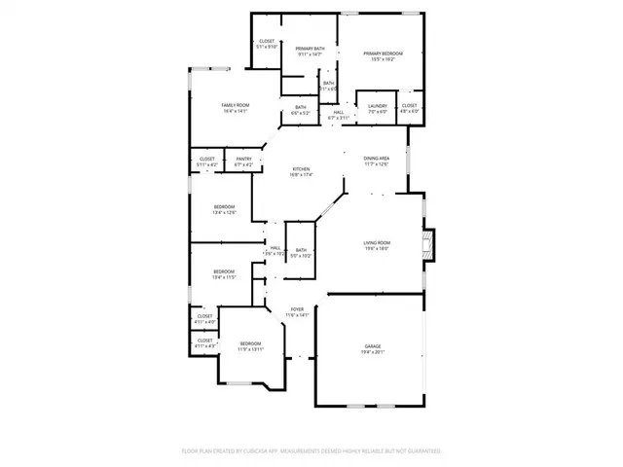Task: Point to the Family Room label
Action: [235, 105]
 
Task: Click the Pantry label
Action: [243, 159]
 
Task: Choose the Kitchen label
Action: [301, 169]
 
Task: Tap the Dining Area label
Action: [377, 159]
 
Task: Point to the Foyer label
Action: [296, 309]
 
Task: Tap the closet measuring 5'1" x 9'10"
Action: [267, 44]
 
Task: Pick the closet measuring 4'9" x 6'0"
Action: [409, 108]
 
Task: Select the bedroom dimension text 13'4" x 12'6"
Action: [225, 212]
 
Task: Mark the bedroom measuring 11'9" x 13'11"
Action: [250, 346]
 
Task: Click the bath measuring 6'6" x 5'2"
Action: [301, 110]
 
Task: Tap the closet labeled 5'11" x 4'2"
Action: [207, 162]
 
